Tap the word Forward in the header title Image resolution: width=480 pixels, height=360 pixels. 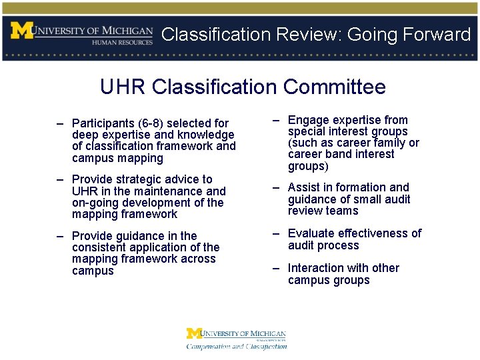point(437,35)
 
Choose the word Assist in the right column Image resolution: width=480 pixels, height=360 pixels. point(304,188)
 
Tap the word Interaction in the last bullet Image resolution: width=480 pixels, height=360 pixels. point(317,268)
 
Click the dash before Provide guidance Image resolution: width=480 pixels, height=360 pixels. point(60,235)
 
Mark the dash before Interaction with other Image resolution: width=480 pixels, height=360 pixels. point(275,267)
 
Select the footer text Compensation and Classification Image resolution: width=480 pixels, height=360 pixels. point(237,346)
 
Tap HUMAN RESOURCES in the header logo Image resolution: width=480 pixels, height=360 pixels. point(122,41)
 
